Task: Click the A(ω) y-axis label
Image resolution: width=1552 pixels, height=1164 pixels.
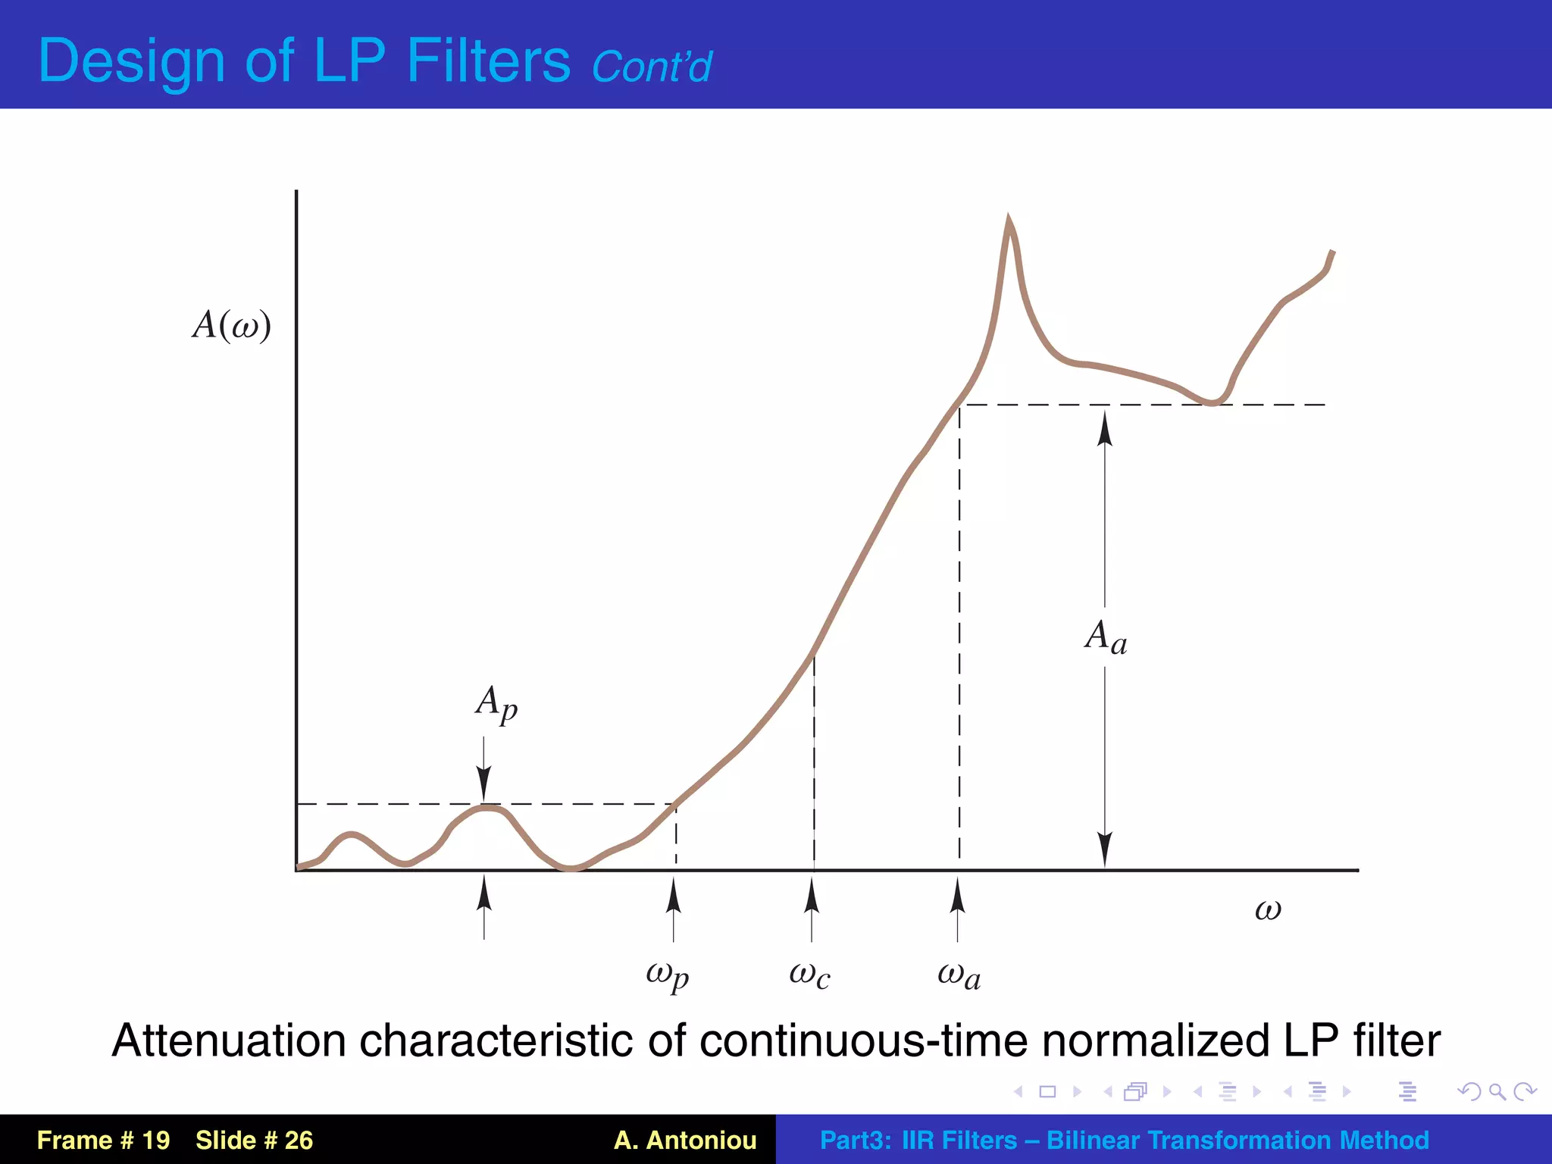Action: coord(231,325)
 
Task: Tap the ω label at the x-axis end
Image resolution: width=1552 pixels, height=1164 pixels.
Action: coord(1268,909)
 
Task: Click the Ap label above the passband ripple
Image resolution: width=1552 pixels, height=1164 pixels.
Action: coord(496,704)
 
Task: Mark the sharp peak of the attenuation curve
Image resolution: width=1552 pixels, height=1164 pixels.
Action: coord(1009,221)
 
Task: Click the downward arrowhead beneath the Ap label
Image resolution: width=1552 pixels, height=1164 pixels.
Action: coord(484,784)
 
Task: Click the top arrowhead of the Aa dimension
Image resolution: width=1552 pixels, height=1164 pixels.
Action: coord(1106,428)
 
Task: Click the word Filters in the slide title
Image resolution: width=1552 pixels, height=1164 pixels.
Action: coord(488,61)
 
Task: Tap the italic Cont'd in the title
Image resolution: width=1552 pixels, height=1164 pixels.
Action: coord(651,67)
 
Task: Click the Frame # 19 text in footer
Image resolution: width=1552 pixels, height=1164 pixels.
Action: coord(103,1140)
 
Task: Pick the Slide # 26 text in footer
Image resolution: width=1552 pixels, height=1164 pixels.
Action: coord(254,1140)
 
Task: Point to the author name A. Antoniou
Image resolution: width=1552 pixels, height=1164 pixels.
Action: coord(685,1140)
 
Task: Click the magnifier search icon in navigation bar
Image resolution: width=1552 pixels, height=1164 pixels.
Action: coord(1497,1091)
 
